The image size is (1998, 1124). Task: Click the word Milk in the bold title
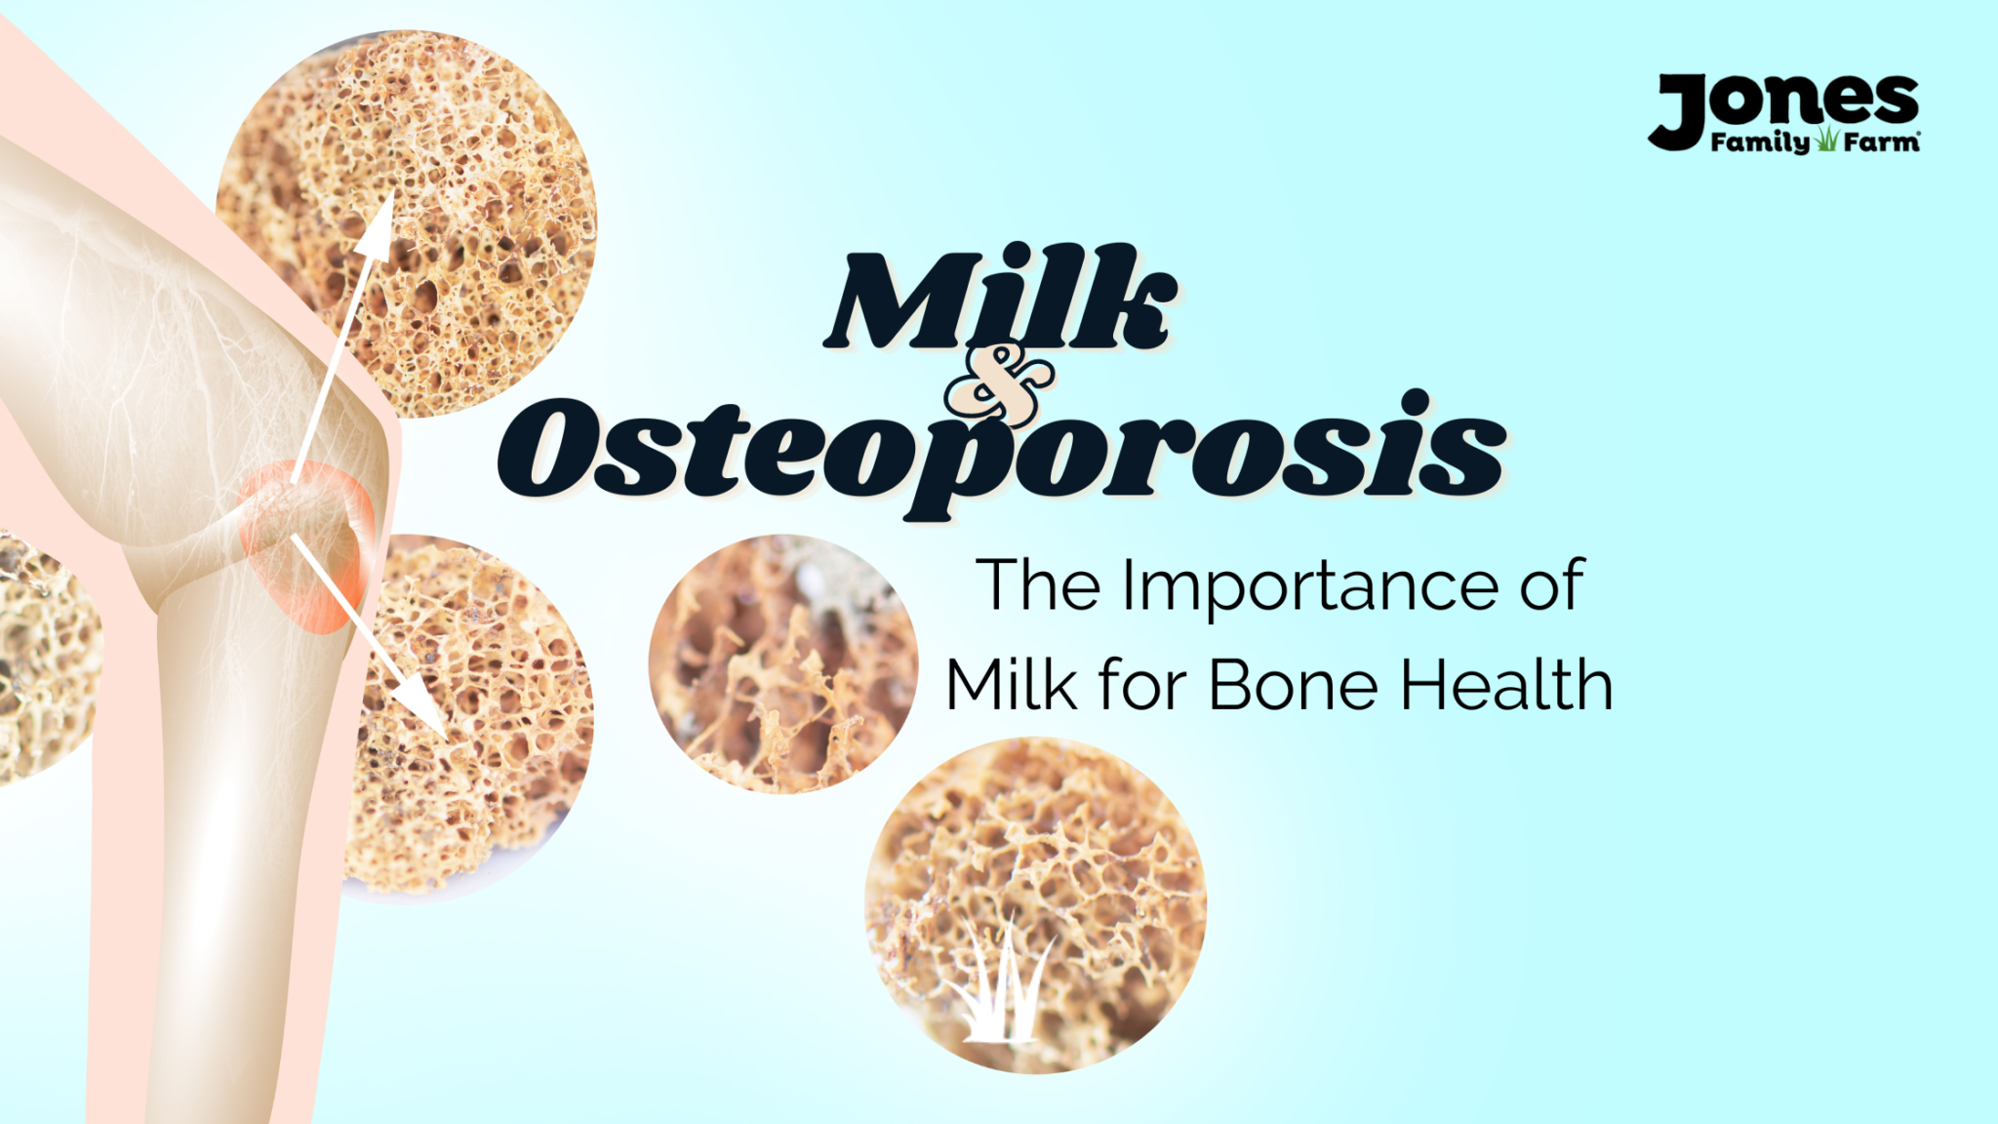click(999, 298)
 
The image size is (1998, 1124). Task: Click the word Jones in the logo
click(1784, 109)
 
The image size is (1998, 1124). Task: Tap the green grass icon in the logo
click(1826, 140)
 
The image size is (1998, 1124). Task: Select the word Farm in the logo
click(1881, 142)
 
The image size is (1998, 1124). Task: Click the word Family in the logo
click(1760, 143)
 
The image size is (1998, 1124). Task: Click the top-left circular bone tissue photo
click(406, 223)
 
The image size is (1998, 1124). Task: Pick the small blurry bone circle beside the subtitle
click(783, 663)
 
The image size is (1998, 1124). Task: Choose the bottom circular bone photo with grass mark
click(1036, 905)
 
